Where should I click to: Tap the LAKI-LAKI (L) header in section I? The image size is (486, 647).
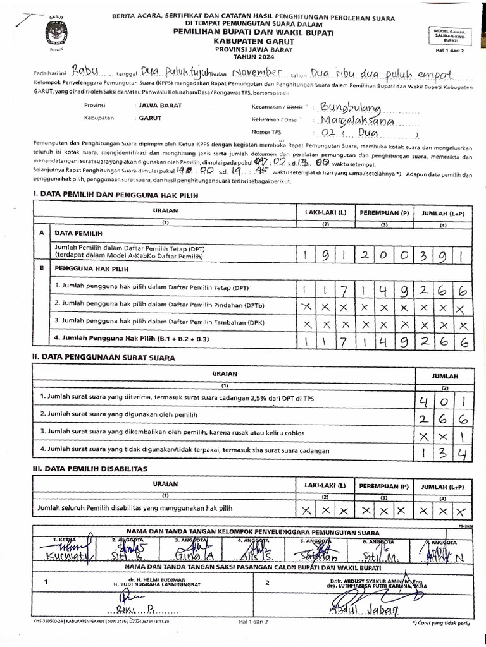point(325,214)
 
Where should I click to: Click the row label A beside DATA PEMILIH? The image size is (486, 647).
point(42,233)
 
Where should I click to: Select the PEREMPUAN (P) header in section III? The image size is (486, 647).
point(384,486)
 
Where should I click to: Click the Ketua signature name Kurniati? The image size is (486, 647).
point(68,556)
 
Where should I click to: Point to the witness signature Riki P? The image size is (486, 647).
point(136,610)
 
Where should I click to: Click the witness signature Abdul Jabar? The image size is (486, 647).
point(364,610)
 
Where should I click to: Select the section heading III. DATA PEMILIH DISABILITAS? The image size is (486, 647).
point(89,468)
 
